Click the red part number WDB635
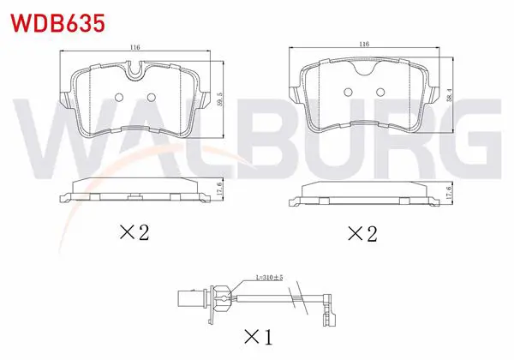58,23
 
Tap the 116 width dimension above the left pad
134,47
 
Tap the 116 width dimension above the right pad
364,44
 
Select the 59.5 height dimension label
219,99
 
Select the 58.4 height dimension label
450,95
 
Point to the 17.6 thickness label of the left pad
220,189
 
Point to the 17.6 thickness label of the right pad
450,191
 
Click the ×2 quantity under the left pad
134,232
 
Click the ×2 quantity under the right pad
362,233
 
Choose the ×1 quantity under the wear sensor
259,337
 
